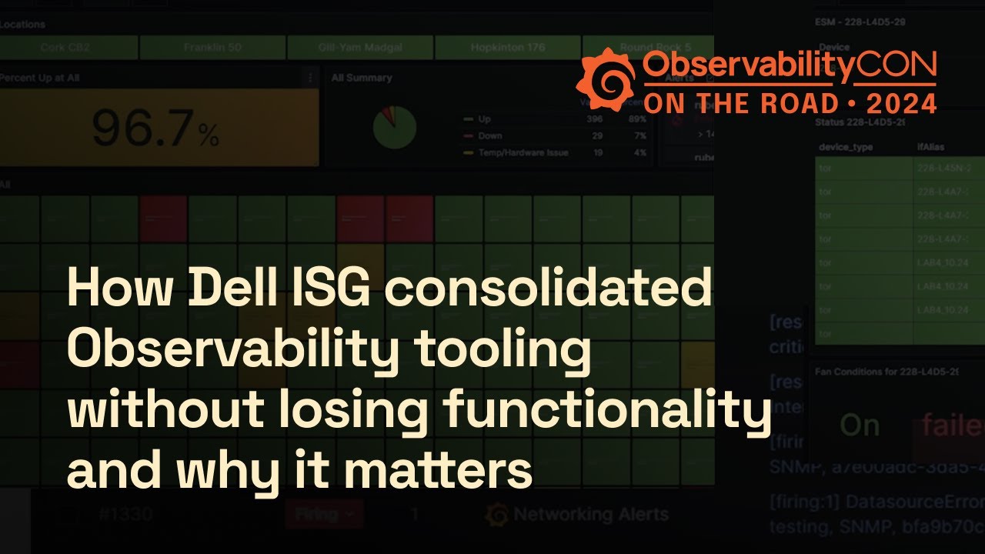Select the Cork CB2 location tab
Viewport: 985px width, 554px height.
click(65, 48)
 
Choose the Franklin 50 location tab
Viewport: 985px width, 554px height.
click(212, 48)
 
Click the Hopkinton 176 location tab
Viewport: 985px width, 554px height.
click(508, 48)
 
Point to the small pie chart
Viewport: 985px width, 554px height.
click(394, 128)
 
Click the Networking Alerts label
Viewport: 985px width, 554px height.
click(591, 514)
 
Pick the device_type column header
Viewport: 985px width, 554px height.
click(846, 147)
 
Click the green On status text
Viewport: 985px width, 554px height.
click(860, 426)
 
